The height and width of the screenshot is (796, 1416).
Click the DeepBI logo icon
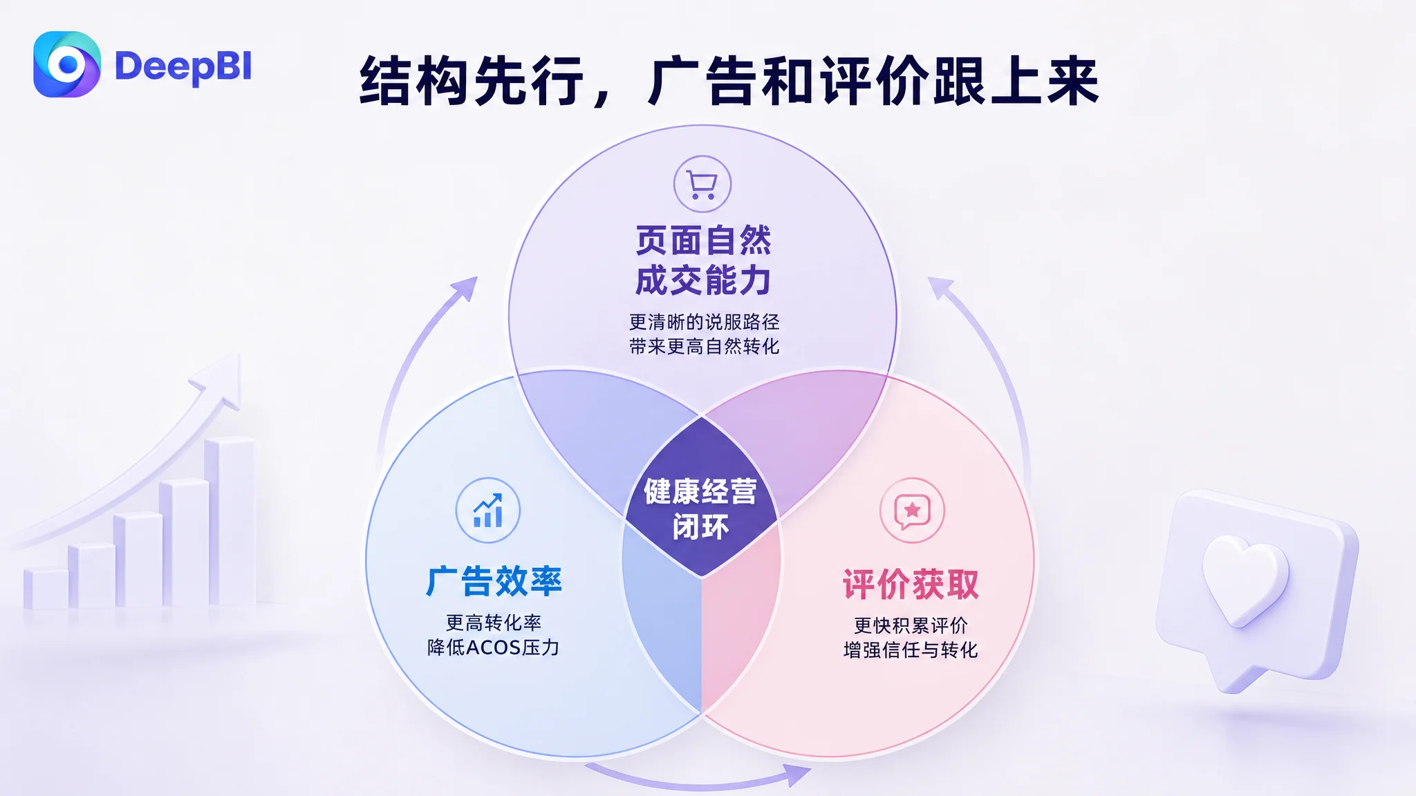tap(67, 64)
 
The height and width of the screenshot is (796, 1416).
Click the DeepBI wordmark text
tap(183, 67)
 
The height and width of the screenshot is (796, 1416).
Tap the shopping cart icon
tap(702, 184)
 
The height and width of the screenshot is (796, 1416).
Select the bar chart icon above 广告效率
tap(488, 511)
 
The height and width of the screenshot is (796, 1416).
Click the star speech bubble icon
tap(912, 511)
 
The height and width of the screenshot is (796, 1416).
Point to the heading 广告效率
tap(494, 581)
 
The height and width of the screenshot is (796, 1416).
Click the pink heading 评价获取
tap(911, 585)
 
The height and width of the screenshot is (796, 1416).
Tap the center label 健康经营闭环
tap(700, 509)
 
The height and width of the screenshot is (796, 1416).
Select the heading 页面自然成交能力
tap(703, 260)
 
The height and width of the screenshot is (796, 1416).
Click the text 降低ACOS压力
tap(493, 647)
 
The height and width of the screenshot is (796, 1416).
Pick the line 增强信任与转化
tap(911, 650)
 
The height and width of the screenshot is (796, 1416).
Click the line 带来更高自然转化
tap(704, 346)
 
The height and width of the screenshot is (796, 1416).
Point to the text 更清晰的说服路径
tap(704, 322)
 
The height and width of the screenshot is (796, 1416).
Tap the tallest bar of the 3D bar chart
tap(230, 522)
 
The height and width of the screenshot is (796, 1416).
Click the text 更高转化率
tap(493, 623)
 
